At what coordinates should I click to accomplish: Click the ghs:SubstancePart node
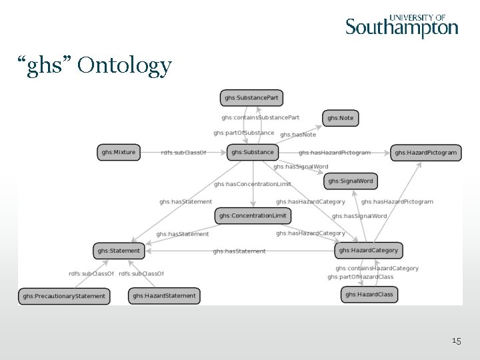(x=251, y=98)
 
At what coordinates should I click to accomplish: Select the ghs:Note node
(x=340, y=118)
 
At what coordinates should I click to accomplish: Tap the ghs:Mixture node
(x=118, y=152)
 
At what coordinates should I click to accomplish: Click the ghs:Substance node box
(x=253, y=152)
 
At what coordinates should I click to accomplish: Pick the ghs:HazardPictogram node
(x=425, y=153)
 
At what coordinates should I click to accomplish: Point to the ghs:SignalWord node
(x=351, y=181)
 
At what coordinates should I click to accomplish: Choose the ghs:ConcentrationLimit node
(x=253, y=215)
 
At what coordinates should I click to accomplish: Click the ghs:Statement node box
(x=119, y=251)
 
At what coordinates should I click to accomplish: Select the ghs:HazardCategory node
(x=368, y=250)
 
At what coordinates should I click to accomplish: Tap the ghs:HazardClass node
(x=369, y=294)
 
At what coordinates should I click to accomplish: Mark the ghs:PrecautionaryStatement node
(x=64, y=295)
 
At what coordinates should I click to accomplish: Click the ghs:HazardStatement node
(x=164, y=295)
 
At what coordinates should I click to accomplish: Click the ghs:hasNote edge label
(x=298, y=135)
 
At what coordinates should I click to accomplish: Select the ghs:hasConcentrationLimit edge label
(x=253, y=184)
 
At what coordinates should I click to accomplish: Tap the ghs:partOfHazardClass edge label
(x=360, y=277)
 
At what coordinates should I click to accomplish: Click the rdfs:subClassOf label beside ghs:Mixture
(x=184, y=153)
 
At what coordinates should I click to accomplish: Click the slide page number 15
(x=456, y=341)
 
